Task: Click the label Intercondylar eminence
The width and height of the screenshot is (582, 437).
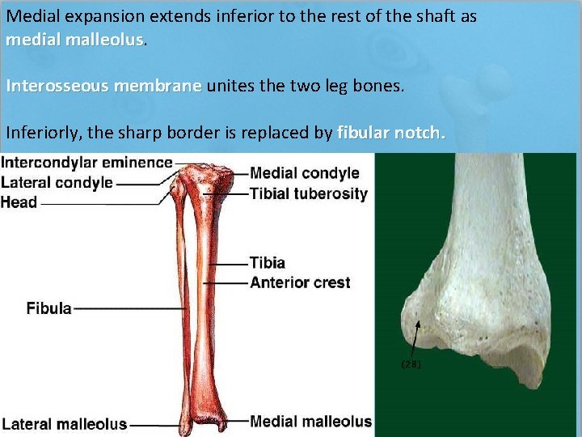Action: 86,162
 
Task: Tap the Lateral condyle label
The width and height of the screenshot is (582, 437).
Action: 57,182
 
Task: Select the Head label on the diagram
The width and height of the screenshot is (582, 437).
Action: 19,202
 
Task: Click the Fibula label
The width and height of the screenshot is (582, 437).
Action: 48,308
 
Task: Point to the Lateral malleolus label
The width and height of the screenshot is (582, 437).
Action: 64,424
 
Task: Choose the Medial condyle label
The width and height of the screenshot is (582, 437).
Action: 304,172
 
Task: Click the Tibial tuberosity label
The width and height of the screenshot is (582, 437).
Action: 308,193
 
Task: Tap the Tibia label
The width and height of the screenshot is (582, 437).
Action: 267,263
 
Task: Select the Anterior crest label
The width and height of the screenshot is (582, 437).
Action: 300,282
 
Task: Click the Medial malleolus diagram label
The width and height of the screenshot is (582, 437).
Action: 310,421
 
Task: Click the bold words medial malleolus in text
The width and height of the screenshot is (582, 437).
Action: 74,40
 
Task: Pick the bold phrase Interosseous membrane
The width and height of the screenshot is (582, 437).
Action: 104,86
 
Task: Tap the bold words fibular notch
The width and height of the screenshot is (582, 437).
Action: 390,132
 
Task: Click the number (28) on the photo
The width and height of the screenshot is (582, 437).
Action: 411,364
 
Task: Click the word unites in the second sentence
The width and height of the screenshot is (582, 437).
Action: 228,86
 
